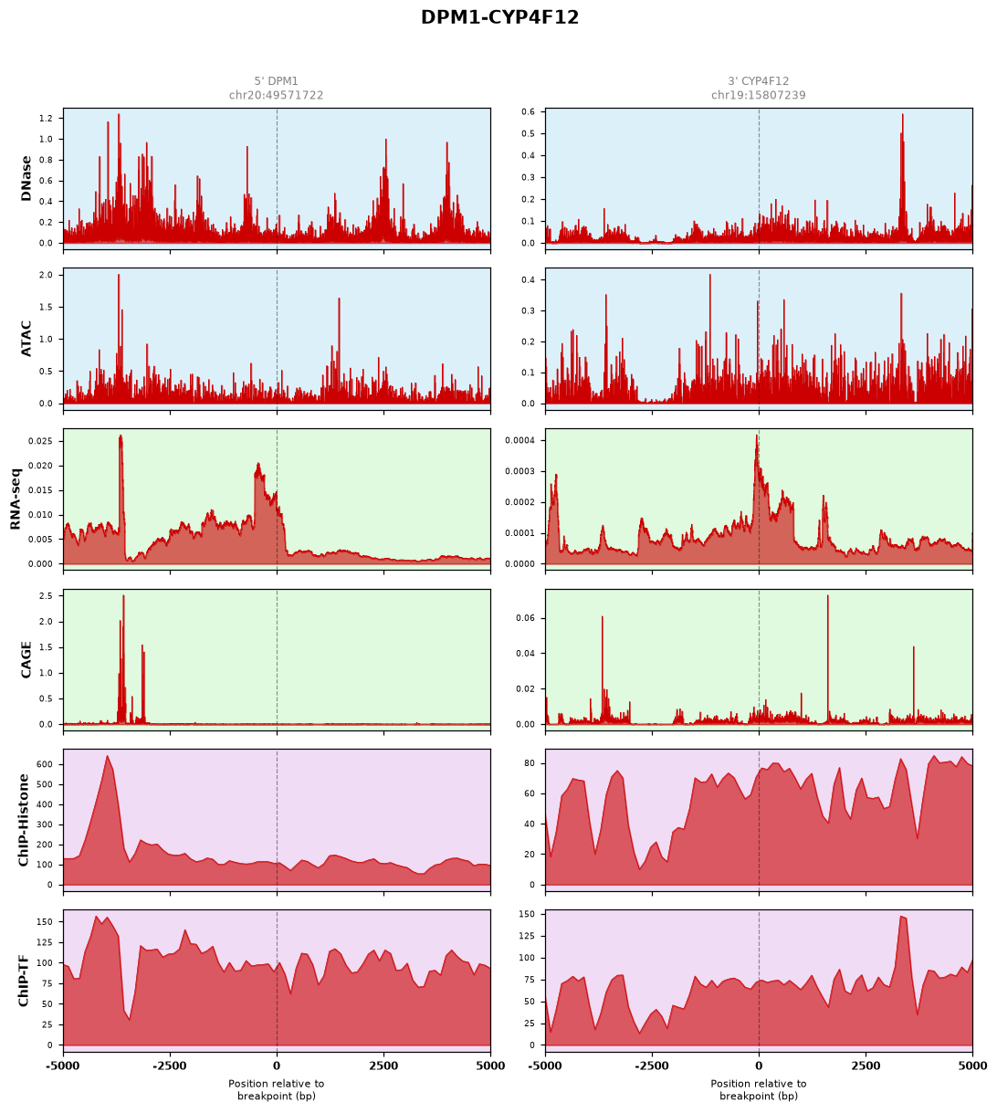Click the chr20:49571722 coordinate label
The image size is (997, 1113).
point(276,95)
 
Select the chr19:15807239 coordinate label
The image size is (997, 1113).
point(758,95)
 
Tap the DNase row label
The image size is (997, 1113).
point(26,179)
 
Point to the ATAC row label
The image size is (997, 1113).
point(26,339)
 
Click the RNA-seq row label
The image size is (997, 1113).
point(15,499)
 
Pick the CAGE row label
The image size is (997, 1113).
point(26,659)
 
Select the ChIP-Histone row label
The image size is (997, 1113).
point(23,820)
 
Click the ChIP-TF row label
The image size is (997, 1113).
point(23,980)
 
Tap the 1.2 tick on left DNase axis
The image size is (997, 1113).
point(46,119)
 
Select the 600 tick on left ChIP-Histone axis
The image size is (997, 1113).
point(45,764)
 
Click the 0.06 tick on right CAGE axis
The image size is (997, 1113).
point(526,618)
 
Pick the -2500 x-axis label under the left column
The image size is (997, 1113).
point(170,1066)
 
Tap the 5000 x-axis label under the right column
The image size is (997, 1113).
point(971,1066)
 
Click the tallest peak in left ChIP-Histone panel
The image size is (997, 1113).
point(107,756)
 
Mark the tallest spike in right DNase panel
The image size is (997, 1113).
point(902,114)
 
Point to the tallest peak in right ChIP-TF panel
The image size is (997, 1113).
point(901,917)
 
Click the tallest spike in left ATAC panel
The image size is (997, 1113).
point(118,275)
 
